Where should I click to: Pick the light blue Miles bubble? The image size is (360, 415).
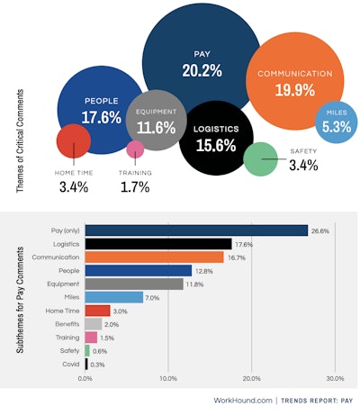pyautogui.click(x=334, y=122)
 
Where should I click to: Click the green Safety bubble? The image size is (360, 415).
pyautogui.click(x=260, y=159)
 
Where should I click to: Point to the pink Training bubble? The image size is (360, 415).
pyautogui.click(x=135, y=149)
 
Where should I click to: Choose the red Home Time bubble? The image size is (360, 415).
pyautogui.click(x=72, y=140)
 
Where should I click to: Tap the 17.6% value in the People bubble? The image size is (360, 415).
pyautogui.click(x=102, y=116)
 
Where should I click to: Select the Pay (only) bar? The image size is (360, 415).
pyautogui.click(x=196, y=230)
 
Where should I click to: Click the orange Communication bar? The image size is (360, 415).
pyautogui.click(x=154, y=257)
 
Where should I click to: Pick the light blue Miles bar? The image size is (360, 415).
pyautogui.click(x=113, y=297)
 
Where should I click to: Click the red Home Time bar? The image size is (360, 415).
pyautogui.click(x=97, y=311)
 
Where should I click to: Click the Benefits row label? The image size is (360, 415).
pyautogui.click(x=67, y=324)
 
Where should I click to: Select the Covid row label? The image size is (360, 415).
pyautogui.click(x=70, y=365)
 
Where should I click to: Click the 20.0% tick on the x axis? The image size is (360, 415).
pyautogui.click(x=251, y=378)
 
